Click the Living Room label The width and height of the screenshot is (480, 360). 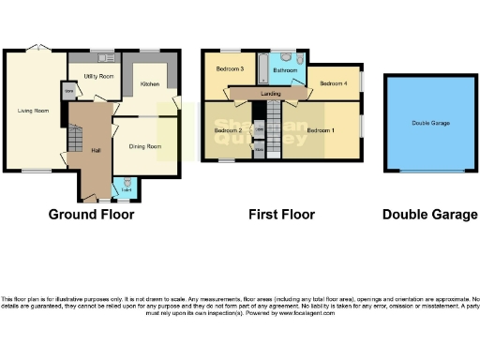point(33,111)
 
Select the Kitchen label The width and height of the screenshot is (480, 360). point(150,84)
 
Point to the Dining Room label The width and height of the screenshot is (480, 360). point(145,146)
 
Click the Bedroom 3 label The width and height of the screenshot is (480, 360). point(230,68)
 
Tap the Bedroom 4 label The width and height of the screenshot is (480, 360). point(333,83)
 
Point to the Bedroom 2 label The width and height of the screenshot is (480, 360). point(228,130)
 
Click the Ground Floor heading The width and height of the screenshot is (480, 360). point(91,215)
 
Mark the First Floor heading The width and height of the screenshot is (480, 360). point(281,215)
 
